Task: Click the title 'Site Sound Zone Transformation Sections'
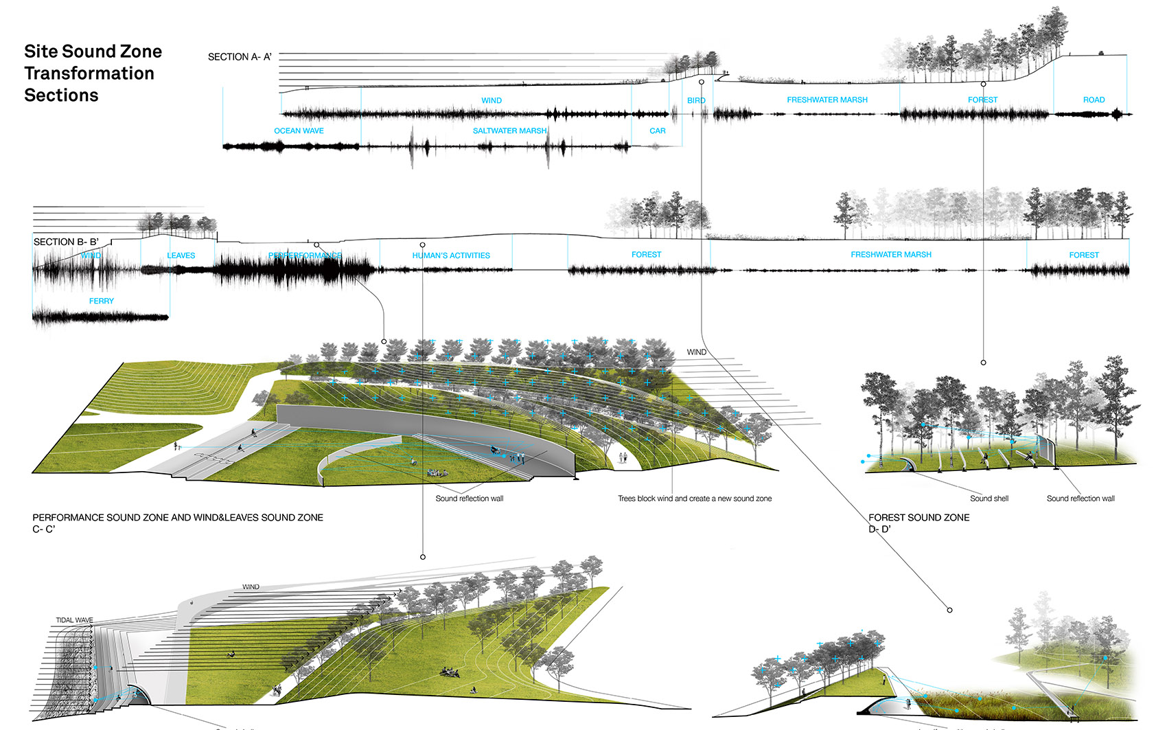coord(92,73)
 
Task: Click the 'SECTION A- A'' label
coord(240,57)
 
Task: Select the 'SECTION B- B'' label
coord(66,242)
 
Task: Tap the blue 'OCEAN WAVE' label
coord(299,130)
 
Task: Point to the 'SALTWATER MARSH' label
coord(509,130)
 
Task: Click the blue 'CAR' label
coord(658,130)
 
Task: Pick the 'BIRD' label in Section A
coord(696,100)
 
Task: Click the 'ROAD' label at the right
coord(1094,100)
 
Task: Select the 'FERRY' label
coord(102,301)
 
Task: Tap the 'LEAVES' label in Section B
coord(181,255)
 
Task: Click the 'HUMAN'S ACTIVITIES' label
coord(451,255)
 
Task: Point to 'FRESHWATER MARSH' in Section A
coord(827,100)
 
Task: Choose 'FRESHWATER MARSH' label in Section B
coord(891,255)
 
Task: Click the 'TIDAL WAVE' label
coord(74,620)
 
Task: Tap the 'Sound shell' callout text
coord(989,499)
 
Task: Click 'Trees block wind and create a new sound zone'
coord(695,499)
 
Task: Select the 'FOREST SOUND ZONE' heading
coord(918,518)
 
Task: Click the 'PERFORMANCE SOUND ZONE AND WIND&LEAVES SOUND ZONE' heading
coord(178,518)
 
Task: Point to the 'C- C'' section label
coord(43,529)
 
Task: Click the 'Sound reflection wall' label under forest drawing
coord(1081,499)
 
